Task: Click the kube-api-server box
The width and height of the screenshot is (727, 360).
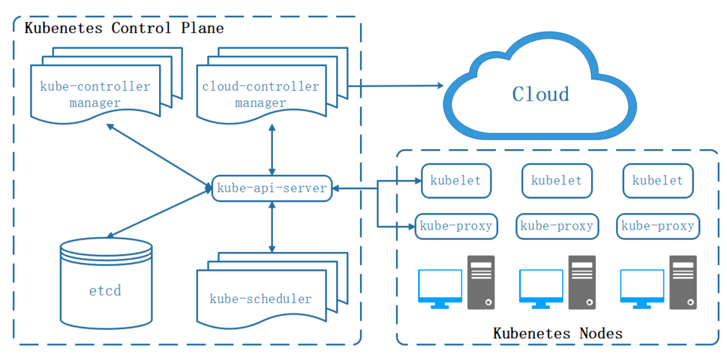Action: (271, 188)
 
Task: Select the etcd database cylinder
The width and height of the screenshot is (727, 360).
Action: (106, 284)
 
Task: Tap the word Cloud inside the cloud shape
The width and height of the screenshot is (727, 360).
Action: (541, 94)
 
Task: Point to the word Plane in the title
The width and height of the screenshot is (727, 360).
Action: (201, 29)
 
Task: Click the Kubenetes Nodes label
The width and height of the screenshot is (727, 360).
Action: (557, 333)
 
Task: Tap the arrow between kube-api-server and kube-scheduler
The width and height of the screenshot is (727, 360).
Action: (271, 227)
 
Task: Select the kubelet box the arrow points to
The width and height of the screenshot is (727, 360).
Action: (456, 181)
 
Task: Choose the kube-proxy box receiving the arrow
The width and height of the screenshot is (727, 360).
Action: (456, 226)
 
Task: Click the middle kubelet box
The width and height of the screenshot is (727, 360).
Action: (556, 181)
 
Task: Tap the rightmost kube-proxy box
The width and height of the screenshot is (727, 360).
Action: (657, 226)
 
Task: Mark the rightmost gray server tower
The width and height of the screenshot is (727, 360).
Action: (682, 282)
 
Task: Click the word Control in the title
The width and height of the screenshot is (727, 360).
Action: (141, 29)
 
